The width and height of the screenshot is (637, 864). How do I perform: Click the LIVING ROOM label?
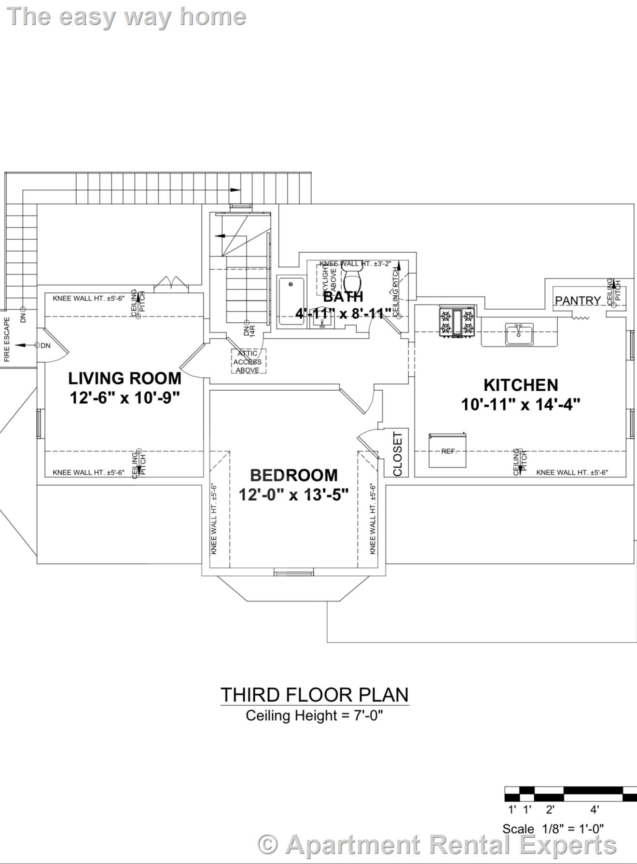(125, 378)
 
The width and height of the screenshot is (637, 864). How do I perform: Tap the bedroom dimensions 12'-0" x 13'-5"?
(293, 494)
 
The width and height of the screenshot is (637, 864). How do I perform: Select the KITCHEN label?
(521, 385)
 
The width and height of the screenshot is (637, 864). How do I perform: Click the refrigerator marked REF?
(447, 451)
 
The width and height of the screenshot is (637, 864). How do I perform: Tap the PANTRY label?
(578, 301)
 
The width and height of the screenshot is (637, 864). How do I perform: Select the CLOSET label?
(398, 454)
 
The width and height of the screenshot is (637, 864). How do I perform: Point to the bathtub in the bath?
(290, 302)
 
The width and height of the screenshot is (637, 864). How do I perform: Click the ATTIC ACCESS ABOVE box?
(248, 362)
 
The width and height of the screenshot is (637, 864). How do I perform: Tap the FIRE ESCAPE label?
(7, 340)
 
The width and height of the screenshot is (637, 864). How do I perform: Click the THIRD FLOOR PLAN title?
(315, 695)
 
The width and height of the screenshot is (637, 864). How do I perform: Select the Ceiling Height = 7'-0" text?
(314, 715)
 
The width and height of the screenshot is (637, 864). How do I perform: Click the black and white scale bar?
(570, 794)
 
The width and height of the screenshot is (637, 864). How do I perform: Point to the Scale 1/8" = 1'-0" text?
(553, 829)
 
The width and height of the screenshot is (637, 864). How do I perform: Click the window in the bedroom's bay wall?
(293, 573)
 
